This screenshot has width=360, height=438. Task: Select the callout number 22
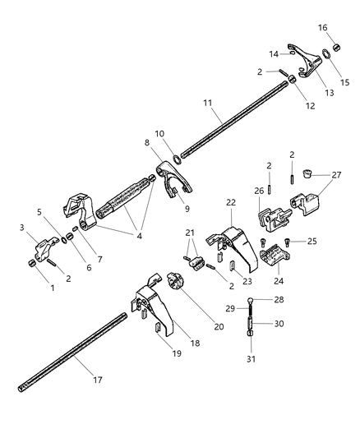pos(231,202)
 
